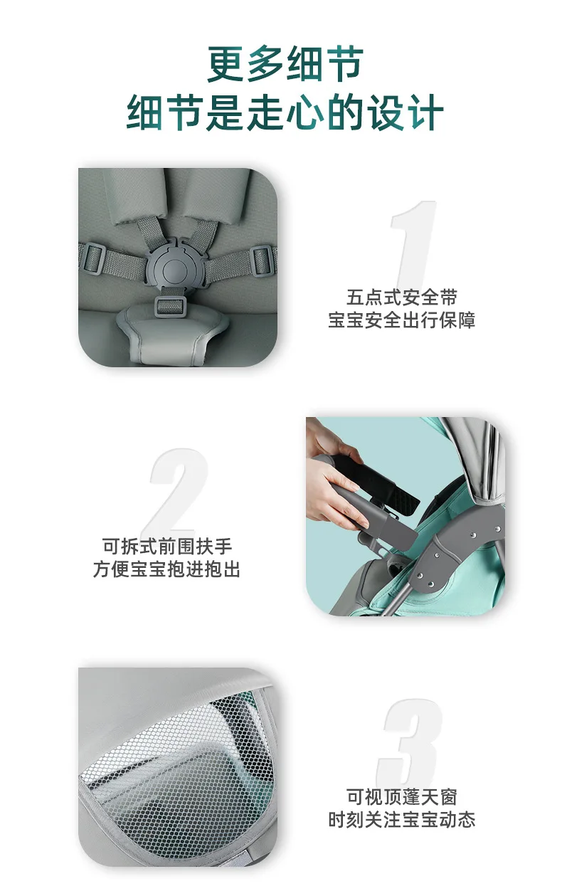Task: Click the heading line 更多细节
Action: click(285, 64)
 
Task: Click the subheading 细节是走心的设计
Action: click(285, 112)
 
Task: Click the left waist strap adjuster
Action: click(92, 258)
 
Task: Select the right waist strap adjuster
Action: click(263, 260)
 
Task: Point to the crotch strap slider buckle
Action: click(171, 306)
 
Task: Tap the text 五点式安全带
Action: click(402, 297)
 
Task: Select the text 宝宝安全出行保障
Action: click(402, 320)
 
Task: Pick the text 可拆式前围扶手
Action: click(167, 547)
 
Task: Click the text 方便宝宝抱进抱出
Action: click(166, 569)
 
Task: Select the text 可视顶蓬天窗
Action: click(402, 797)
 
